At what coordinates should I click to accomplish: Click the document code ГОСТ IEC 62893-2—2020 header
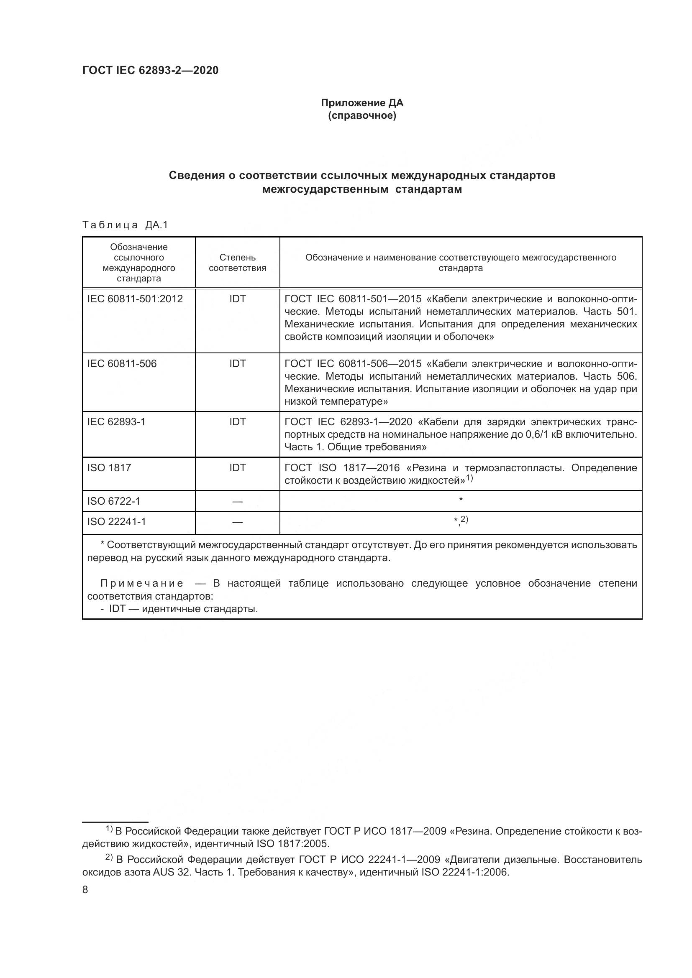pyautogui.click(x=150, y=70)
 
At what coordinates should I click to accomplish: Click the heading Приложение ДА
pyautogui.click(x=362, y=103)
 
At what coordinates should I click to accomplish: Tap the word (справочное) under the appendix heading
pyautogui.click(x=362, y=115)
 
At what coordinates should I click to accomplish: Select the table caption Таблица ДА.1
pyautogui.click(x=125, y=225)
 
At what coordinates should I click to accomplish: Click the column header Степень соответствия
pyautogui.click(x=237, y=263)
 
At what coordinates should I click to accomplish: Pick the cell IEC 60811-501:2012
pyautogui.click(x=135, y=299)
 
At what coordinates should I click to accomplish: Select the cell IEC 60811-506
pyautogui.click(x=122, y=364)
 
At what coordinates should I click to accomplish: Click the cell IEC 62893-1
pyautogui.click(x=116, y=422)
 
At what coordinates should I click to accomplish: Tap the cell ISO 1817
pyautogui.click(x=109, y=468)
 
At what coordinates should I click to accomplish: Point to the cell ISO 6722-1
pyautogui.click(x=114, y=501)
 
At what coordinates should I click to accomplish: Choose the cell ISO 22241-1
pyautogui.click(x=116, y=522)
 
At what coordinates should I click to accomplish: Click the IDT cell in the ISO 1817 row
pyautogui.click(x=237, y=468)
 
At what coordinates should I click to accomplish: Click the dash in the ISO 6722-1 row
pyautogui.click(x=237, y=502)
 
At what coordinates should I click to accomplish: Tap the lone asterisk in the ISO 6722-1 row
pyautogui.click(x=461, y=499)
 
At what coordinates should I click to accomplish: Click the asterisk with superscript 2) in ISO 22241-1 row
pyautogui.click(x=461, y=520)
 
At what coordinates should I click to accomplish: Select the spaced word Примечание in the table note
pyautogui.click(x=142, y=584)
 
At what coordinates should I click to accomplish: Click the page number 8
pyautogui.click(x=85, y=890)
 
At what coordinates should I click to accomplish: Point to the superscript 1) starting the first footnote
pyautogui.click(x=109, y=829)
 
